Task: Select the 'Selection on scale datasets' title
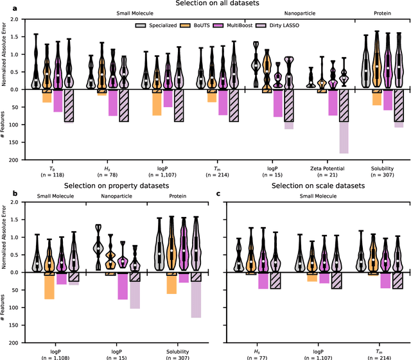click(x=315, y=185)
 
